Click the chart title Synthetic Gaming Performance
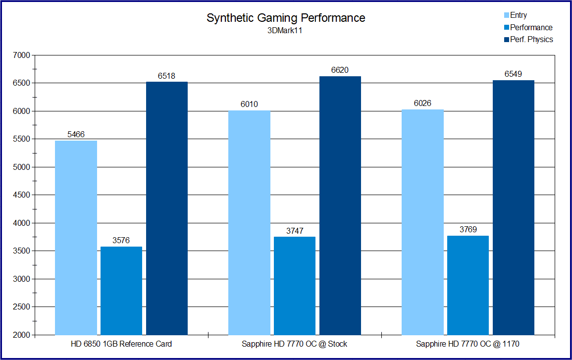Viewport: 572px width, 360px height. [x=286, y=18]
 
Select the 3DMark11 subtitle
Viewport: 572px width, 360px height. [x=285, y=31]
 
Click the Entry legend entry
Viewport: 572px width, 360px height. [x=518, y=15]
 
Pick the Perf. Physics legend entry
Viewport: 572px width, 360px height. [x=531, y=39]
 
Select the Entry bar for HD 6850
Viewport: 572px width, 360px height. [x=76, y=238]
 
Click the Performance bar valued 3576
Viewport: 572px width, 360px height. [x=121, y=291]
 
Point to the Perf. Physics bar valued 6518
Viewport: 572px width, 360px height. [x=167, y=208]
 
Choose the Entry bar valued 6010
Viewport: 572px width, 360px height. [x=249, y=223]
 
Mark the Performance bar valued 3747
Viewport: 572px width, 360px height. [x=295, y=286]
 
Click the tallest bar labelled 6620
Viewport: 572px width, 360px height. [x=340, y=206]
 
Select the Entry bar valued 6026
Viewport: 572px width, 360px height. [x=422, y=222]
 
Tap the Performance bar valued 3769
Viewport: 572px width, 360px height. [x=468, y=285]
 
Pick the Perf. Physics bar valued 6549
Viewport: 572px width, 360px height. [x=514, y=207]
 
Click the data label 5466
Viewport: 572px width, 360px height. [x=76, y=134]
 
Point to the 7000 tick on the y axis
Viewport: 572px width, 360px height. [x=22, y=55]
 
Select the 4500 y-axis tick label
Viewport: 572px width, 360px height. [x=22, y=195]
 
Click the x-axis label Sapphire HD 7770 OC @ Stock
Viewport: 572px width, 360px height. [x=295, y=344]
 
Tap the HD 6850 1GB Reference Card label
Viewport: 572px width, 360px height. [x=121, y=344]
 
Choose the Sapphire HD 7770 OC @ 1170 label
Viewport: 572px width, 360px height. [x=468, y=344]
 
